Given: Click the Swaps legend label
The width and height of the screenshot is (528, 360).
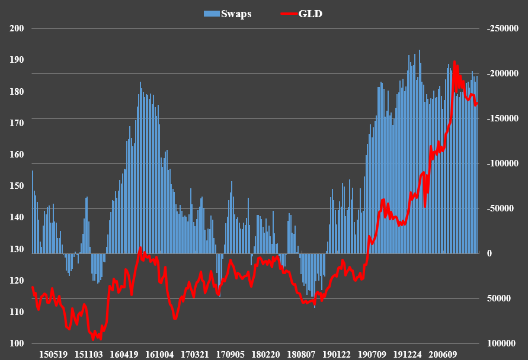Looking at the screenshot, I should click(x=236, y=14).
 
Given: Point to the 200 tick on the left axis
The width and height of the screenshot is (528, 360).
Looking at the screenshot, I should click(x=17, y=28).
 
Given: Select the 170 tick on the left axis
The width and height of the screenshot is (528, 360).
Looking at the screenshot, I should click(x=17, y=123).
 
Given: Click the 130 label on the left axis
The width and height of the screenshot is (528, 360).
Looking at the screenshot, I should click(x=17, y=249).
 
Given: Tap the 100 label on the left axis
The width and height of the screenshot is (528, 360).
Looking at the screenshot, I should click(x=17, y=344).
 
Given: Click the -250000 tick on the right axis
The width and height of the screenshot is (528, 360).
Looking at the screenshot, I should click(x=502, y=28).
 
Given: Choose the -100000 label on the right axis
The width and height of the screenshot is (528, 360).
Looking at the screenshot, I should click(x=502, y=163).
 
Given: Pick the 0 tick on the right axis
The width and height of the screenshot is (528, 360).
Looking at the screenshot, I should click(x=489, y=253).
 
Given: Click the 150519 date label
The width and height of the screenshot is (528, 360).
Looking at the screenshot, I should click(x=53, y=355).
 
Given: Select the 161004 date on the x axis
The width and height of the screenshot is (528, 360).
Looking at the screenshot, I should click(x=159, y=355).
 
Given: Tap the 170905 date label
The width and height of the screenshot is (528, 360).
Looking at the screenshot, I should click(x=230, y=355).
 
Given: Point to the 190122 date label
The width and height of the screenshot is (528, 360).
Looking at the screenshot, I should click(x=337, y=355).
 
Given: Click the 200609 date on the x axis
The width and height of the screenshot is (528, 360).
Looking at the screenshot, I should click(x=443, y=355).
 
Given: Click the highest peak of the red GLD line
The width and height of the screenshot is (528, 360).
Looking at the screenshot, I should click(x=455, y=62).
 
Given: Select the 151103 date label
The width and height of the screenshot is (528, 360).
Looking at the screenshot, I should click(x=88, y=355).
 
